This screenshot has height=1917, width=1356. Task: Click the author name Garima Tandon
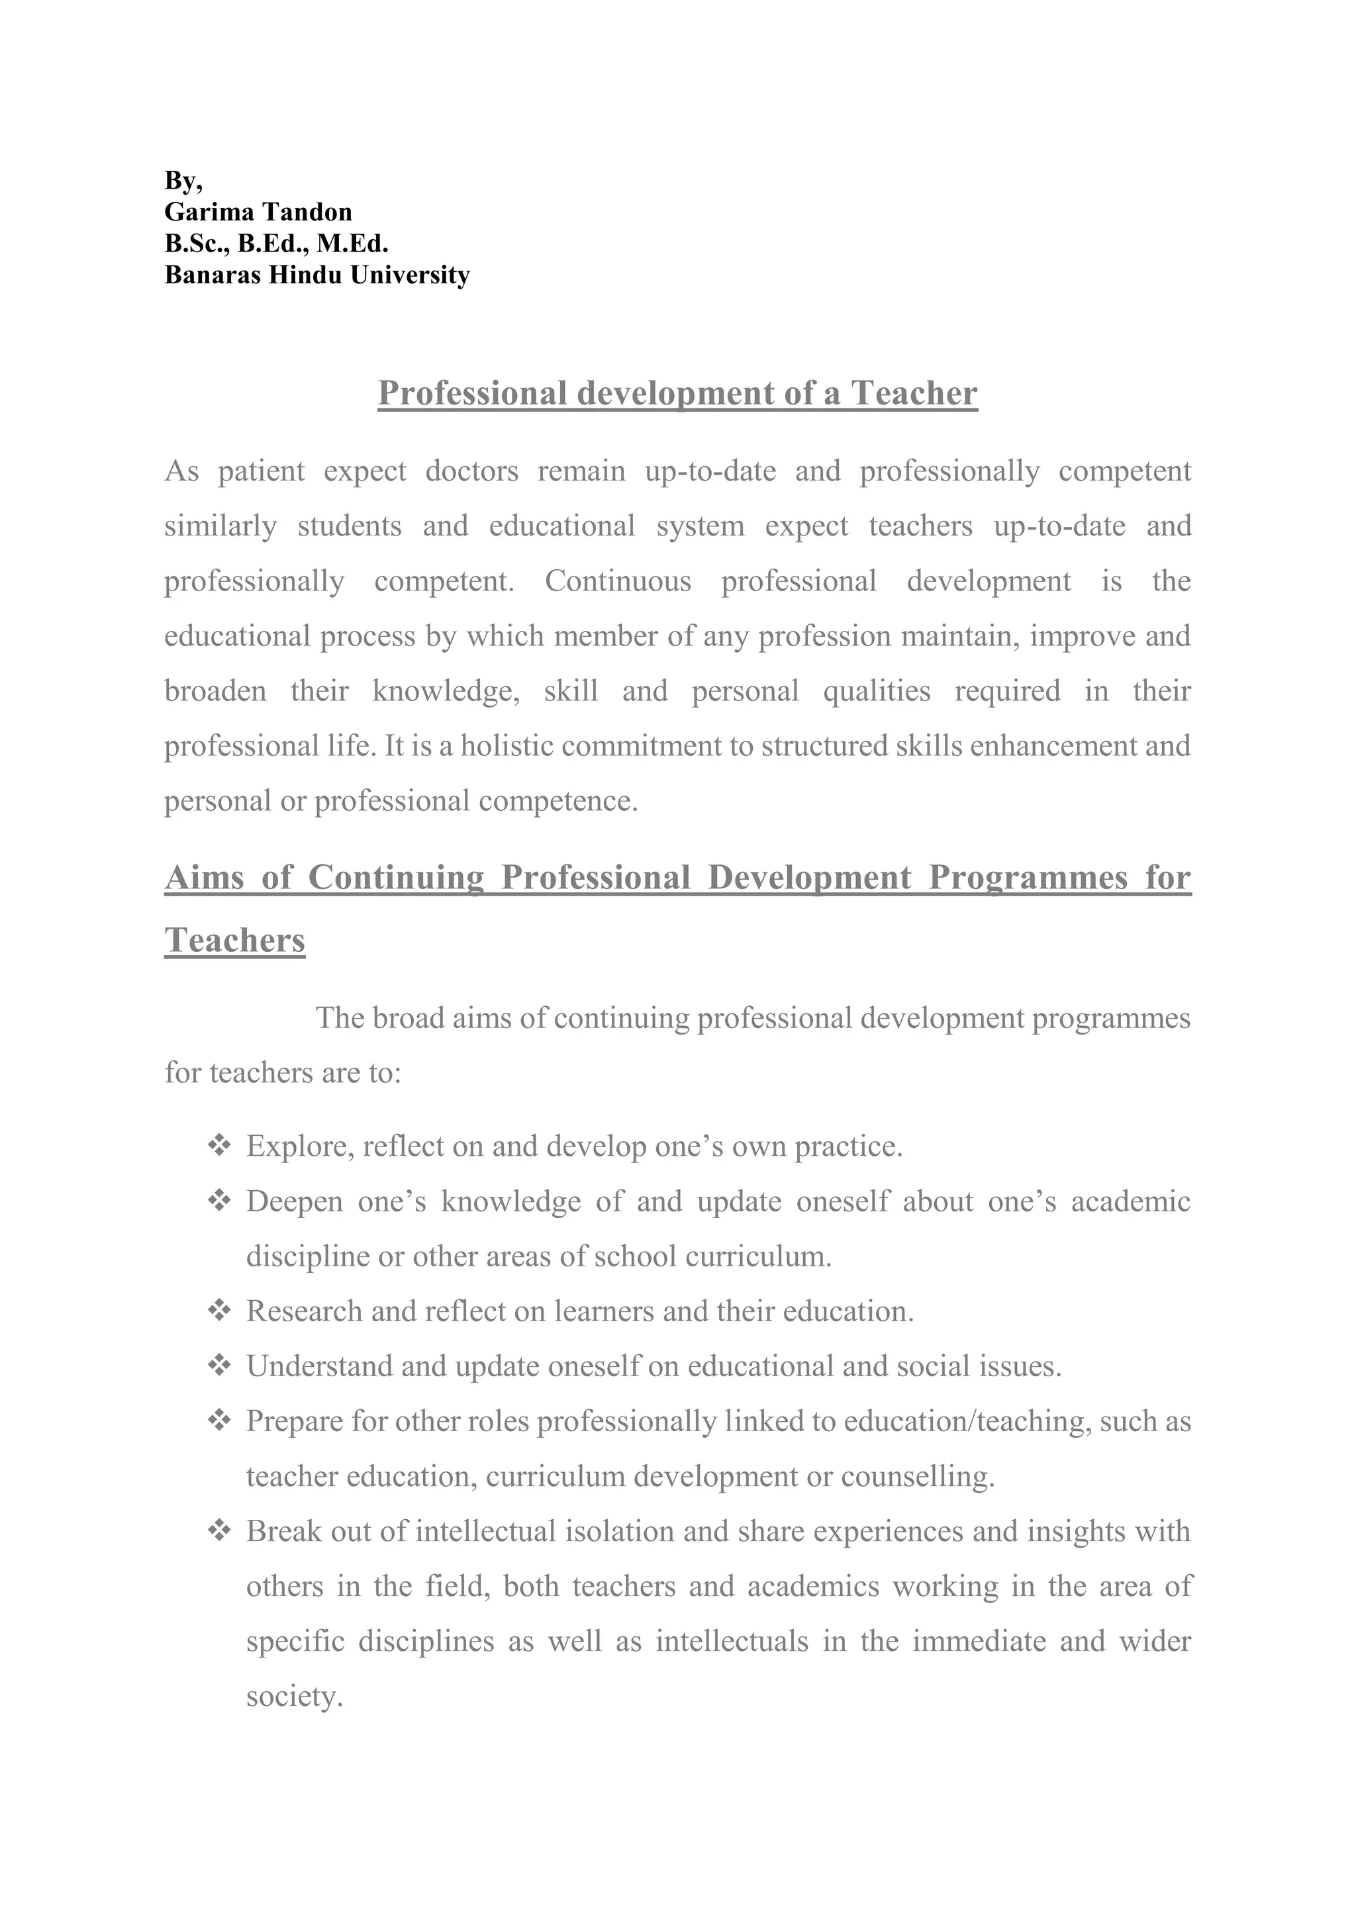(x=258, y=212)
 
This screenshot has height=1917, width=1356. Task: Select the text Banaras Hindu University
(x=316, y=275)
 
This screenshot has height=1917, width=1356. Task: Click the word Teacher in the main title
(x=914, y=393)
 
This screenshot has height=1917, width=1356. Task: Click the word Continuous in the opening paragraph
(x=618, y=581)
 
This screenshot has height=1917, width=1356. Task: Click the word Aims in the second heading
(x=205, y=878)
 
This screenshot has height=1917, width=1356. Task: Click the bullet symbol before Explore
(x=218, y=1146)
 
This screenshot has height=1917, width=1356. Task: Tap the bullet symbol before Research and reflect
(x=218, y=1311)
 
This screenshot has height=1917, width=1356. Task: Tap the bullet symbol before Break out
(x=218, y=1530)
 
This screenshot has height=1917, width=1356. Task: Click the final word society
(x=294, y=1696)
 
